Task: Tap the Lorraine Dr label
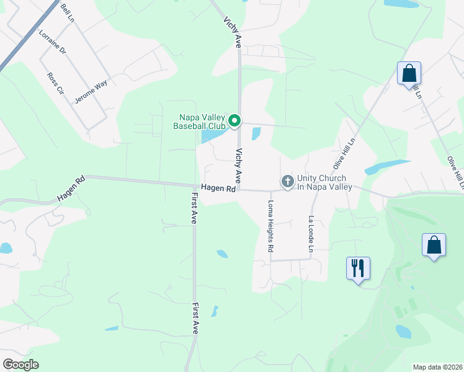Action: pos(52,42)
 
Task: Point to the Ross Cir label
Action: pos(56,83)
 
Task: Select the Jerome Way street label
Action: pos(91,91)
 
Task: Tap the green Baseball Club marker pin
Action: pos(234,120)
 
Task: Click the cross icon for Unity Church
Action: pos(287,182)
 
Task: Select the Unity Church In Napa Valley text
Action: pos(324,182)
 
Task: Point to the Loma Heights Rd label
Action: pos(271,226)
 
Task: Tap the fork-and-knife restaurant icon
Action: pos(358,268)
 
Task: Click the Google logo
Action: pos(20,365)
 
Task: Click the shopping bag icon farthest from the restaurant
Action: pos(409,73)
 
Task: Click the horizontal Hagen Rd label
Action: pos(218,188)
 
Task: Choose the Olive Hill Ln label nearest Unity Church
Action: pos(344,154)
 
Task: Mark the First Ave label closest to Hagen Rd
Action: pos(194,208)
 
